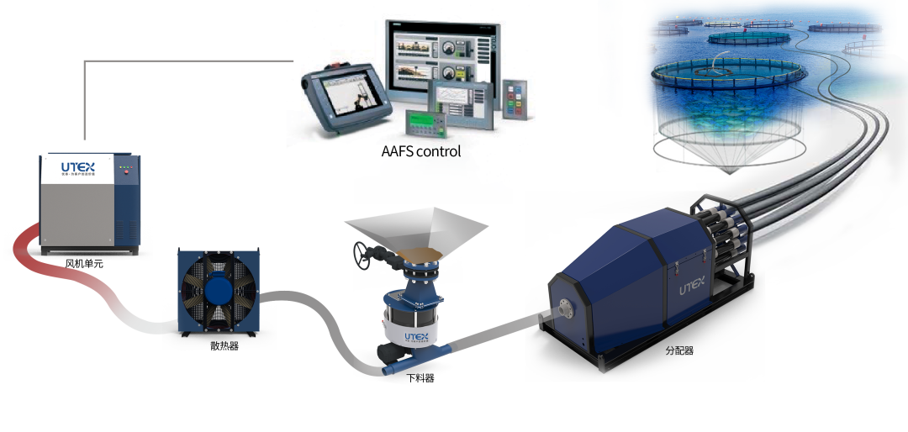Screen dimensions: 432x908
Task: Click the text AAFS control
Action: coord(421,152)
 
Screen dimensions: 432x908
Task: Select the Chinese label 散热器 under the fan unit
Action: coord(224,345)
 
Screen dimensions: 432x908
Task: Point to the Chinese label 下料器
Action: coord(420,377)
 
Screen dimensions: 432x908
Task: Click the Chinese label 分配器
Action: coord(678,351)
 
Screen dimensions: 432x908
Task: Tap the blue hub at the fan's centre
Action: coord(220,290)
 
